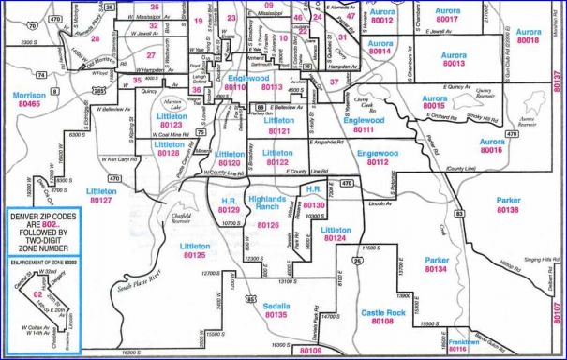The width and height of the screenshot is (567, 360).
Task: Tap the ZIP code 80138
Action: point(508,210)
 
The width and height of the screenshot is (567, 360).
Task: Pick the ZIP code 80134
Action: point(437,269)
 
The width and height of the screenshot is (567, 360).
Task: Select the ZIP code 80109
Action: point(310,351)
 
